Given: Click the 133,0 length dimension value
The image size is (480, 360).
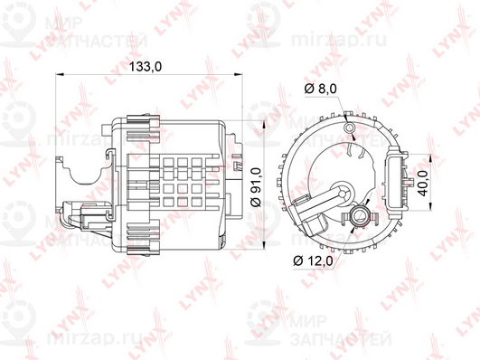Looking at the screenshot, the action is point(146,66).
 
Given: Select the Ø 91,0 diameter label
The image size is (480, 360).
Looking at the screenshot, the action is point(256,187).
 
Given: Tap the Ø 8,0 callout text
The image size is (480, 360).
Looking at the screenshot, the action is point(321,89).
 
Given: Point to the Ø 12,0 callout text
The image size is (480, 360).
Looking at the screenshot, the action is point(313,261).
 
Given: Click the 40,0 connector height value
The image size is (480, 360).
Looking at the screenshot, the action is point(424,184).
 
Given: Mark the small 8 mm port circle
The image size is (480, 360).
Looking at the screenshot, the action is point(349,127).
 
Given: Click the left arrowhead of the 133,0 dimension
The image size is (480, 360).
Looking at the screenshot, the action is point(59,74).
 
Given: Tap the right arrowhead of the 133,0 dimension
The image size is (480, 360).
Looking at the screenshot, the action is point(238,74).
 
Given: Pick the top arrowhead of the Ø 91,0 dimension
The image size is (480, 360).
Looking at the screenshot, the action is point(264,125).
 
